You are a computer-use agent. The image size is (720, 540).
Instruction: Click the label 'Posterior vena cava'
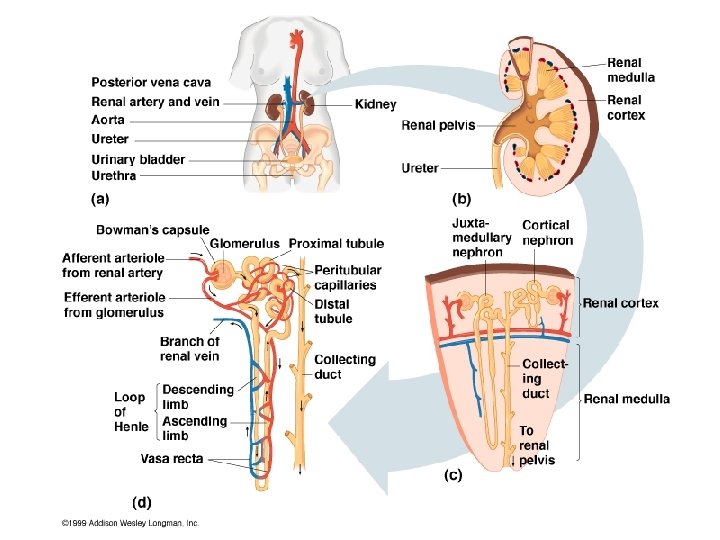point(151,82)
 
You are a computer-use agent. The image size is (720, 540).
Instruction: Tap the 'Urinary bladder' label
point(138,159)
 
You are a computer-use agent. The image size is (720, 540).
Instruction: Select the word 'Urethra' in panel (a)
point(114,176)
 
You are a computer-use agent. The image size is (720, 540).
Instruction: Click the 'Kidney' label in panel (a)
point(375,104)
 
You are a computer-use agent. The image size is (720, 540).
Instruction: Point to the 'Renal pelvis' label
point(438,126)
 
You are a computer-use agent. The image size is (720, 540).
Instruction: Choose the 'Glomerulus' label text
point(246,243)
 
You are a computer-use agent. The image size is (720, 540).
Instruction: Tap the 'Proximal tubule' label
point(336,243)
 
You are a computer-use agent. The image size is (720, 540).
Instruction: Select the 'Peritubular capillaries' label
point(345,277)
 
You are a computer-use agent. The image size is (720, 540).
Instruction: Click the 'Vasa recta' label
point(172,459)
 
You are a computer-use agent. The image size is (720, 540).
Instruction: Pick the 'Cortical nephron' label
point(547,232)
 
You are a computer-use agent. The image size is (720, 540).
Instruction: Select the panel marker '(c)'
point(453,476)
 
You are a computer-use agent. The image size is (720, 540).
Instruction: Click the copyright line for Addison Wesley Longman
point(131,522)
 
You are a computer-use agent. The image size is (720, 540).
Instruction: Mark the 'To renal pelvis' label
point(536,445)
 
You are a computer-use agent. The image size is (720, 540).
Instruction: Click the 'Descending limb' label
point(198,396)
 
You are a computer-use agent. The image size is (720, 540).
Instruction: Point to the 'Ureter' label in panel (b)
point(420,168)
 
